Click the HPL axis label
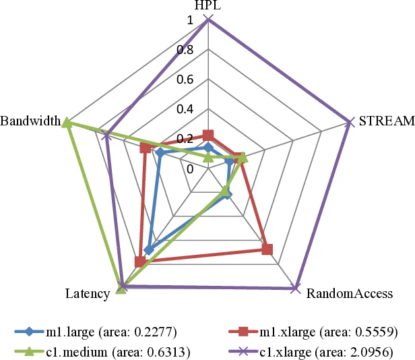click(x=208, y=7)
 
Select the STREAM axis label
click(x=385, y=122)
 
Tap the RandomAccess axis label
click(x=349, y=294)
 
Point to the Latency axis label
click(x=88, y=294)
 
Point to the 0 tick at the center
click(x=189, y=169)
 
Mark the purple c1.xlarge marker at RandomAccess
click(x=295, y=289)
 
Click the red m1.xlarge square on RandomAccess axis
click(x=267, y=249)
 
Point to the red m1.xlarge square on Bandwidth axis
click(x=145, y=148)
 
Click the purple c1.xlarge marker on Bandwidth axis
click(x=106, y=136)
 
